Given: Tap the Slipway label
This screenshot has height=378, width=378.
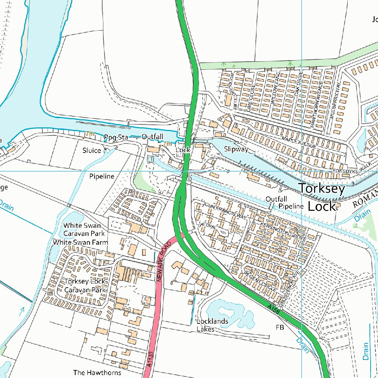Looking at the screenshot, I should pyautogui.click(x=236, y=150).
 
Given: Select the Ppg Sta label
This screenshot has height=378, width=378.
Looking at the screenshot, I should pyautogui.click(x=116, y=138).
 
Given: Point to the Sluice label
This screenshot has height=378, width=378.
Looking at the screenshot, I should pyautogui.click(x=92, y=150).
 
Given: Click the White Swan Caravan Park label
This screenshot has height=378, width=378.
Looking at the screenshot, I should pyautogui.click(x=84, y=229).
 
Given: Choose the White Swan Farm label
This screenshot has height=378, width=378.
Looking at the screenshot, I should pyautogui.click(x=80, y=243).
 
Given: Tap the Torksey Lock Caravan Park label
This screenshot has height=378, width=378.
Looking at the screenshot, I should pyautogui.click(x=85, y=286).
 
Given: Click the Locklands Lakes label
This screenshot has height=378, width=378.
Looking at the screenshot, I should pyautogui.click(x=212, y=325).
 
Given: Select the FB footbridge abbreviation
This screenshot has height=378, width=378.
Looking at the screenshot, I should pyautogui.click(x=280, y=327).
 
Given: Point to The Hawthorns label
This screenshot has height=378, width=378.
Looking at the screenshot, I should pyautogui.click(x=97, y=372).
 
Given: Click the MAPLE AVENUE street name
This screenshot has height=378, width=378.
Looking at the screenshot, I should pyautogui.click(x=299, y=142).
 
